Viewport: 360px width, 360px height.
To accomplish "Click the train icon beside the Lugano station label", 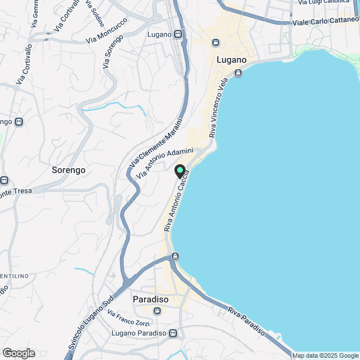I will click(x=178, y=34).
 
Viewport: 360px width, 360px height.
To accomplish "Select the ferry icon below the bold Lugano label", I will click(x=238, y=73).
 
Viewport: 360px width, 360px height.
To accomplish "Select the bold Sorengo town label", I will click(x=68, y=169).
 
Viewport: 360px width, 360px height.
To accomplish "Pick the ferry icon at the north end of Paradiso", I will click(x=175, y=256).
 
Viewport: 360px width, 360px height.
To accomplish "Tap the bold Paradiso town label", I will click(x=151, y=299).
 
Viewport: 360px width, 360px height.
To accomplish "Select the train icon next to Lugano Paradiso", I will click(x=173, y=334).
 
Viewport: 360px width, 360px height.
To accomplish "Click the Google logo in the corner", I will click(x=19, y=353).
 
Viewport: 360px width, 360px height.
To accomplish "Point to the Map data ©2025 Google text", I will click(x=325, y=355).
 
